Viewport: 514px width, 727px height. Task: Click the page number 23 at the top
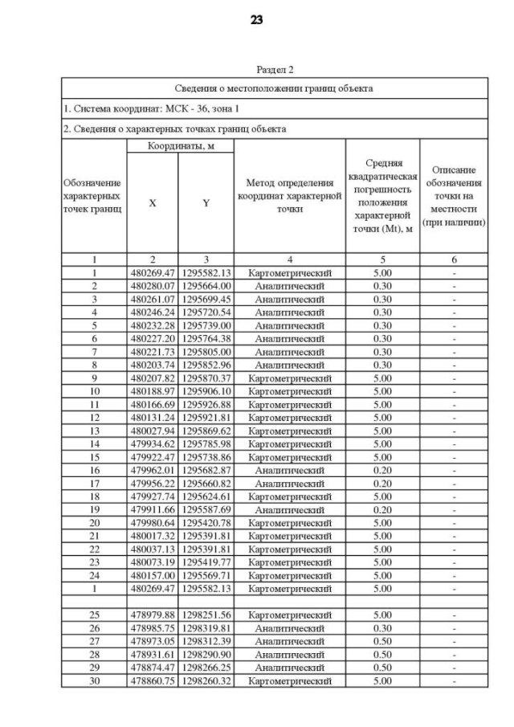click(257, 20)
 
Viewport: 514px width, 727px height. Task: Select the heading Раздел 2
click(275, 71)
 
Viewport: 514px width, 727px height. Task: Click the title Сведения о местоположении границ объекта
click(275, 88)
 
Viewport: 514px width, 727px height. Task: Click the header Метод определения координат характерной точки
click(289, 197)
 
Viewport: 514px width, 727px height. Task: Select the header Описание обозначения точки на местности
click(454, 196)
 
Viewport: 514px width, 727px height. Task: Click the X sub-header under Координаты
click(153, 203)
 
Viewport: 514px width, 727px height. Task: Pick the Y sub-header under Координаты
click(206, 203)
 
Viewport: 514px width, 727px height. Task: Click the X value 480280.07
click(153, 286)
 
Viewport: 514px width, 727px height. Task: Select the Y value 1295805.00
click(206, 352)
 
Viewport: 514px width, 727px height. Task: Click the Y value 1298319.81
click(206, 629)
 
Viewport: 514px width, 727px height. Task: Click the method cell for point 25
click(289, 615)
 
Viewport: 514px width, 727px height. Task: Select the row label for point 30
click(94, 681)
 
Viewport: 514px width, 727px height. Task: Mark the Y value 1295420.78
click(206, 523)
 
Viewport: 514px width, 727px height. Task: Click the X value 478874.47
click(153, 668)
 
